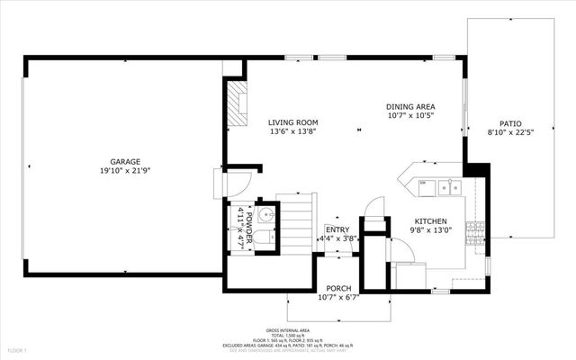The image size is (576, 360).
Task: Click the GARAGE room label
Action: point(125,161)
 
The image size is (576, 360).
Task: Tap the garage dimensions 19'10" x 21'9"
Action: point(125,170)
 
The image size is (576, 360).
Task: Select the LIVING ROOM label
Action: point(292,122)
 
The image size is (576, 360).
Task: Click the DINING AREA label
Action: point(411,105)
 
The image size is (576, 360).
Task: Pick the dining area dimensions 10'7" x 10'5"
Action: point(411,114)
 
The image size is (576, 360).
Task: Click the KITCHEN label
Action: point(431,220)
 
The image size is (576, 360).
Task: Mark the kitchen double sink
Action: point(448,187)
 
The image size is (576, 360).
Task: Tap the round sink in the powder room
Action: point(265,216)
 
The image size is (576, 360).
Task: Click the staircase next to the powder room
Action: point(293,225)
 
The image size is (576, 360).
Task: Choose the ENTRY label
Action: point(337,229)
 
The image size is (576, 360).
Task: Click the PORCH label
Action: point(339,289)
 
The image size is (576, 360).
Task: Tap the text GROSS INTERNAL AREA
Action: point(288,330)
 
